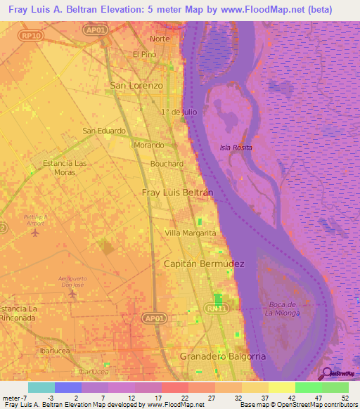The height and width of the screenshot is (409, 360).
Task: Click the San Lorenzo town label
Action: pyautogui.click(x=136, y=85)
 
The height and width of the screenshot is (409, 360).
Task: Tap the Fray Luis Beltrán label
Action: pyautogui.click(x=177, y=192)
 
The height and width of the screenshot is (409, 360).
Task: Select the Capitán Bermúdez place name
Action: pyautogui.click(x=203, y=264)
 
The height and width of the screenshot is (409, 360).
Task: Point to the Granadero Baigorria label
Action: pyautogui.click(x=223, y=356)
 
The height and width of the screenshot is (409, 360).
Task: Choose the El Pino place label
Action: pyautogui.click(x=144, y=54)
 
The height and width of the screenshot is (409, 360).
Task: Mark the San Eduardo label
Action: pyautogui.click(x=104, y=131)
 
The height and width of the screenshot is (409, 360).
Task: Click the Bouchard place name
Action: pyautogui.click(x=167, y=164)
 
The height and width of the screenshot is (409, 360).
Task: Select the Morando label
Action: pyautogui.click(x=149, y=145)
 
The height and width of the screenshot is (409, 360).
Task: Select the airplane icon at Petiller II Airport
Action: pyautogui.click(x=35, y=233)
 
